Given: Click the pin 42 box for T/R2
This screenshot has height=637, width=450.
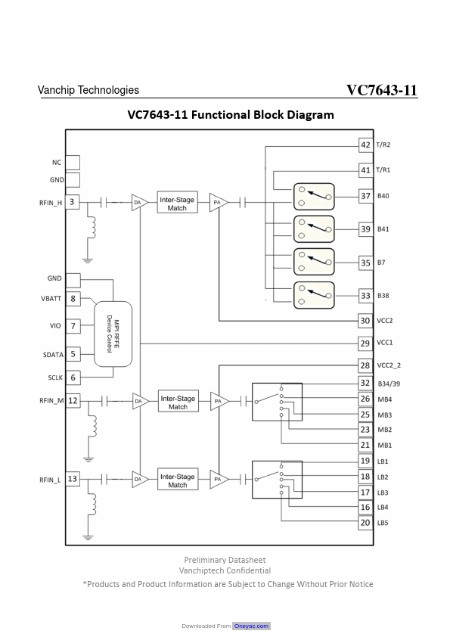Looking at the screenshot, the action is [x=365, y=145].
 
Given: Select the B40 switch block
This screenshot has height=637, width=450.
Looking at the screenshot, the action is [x=314, y=197].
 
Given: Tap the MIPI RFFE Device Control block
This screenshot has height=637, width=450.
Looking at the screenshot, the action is [x=113, y=334].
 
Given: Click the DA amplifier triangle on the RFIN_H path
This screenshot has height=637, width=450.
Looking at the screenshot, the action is [x=140, y=202].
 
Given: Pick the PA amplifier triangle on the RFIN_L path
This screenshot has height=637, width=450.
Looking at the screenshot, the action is [x=219, y=480].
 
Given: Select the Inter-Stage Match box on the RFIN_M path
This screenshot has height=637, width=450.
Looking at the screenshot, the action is [x=178, y=402].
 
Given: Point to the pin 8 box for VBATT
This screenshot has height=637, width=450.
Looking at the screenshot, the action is [x=73, y=299].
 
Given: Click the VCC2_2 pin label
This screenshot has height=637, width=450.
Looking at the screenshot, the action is [x=389, y=365].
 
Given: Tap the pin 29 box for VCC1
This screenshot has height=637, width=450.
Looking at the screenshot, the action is [x=365, y=343].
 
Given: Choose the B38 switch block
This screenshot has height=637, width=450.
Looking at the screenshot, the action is [x=314, y=295].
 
